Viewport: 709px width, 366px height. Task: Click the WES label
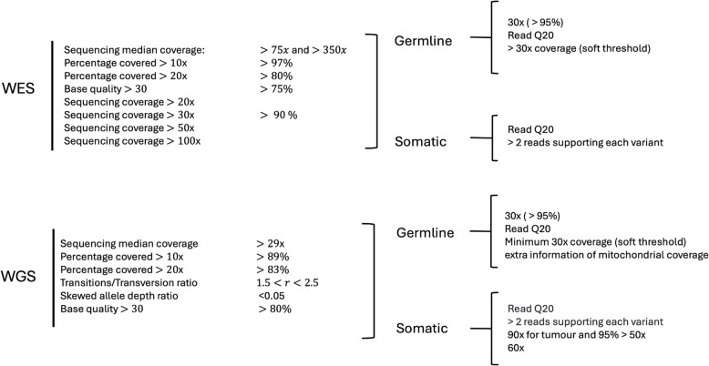tap(19, 91)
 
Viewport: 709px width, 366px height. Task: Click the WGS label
tap(19, 276)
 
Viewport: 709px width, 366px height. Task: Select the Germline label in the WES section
tap(426, 41)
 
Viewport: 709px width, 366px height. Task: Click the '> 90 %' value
tap(279, 115)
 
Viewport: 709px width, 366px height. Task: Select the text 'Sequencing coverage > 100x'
tap(133, 141)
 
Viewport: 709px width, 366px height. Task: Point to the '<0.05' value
tap(272, 297)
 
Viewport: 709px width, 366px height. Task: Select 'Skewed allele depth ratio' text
tap(121, 297)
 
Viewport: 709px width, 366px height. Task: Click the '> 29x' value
tap(272, 244)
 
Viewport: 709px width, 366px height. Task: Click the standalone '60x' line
tap(516, 349)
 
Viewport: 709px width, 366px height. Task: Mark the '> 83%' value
tap(273, 270)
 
